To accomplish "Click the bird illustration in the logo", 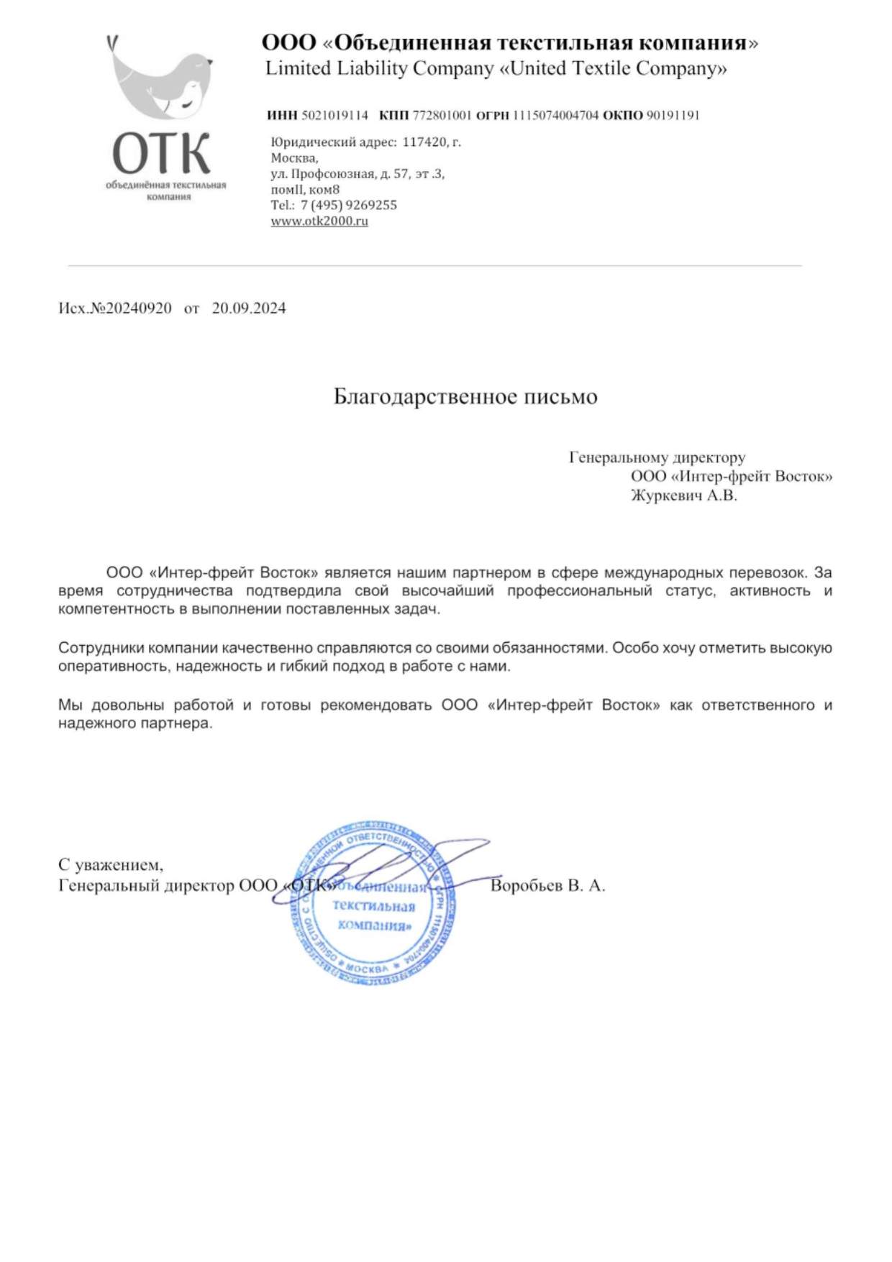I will point(161,79).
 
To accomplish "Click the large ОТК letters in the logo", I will point(161,153).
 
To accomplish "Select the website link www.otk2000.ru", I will point(319,221).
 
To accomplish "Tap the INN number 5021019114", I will point(334,115).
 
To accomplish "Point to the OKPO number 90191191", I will point(673,115).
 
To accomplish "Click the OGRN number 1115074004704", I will point(555,115).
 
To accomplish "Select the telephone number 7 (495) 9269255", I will point(349,205).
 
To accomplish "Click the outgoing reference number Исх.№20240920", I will point(115,308).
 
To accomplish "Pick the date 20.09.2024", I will point(249,308).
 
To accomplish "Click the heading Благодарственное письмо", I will point(465,397).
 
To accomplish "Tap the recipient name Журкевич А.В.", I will point(684,495).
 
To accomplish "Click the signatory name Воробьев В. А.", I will point(547,886).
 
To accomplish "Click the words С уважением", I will point(111,865).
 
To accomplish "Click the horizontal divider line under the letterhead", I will point(434,266).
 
